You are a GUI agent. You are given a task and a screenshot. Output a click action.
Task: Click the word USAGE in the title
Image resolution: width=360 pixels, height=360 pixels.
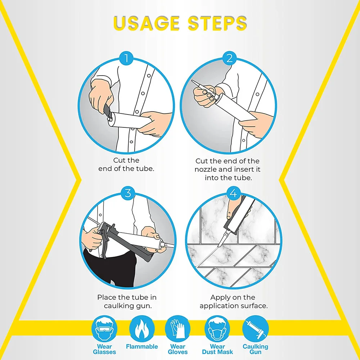tap(147, 23)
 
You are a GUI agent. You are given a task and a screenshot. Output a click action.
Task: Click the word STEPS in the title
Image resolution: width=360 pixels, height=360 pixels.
tap(217, 23)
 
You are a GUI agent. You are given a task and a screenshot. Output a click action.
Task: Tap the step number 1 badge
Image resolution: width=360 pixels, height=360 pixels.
tap(126, 58)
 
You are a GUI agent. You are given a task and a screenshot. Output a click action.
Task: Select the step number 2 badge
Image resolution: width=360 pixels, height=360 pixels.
tap(229, 58)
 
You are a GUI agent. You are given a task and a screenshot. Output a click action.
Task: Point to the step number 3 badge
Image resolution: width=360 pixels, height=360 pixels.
tap(128, 193)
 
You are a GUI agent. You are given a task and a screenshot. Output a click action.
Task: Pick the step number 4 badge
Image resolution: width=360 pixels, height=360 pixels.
tap(233, 193)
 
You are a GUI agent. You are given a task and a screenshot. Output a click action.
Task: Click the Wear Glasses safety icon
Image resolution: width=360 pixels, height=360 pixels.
tap(104, 328)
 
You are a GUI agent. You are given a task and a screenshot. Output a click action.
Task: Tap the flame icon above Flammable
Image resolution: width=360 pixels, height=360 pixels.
tap(141, 328)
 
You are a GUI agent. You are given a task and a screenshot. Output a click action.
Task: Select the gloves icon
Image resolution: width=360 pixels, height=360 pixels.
tap(177, 328)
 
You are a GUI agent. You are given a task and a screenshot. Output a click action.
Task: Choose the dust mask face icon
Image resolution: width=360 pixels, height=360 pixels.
tap(217, 328)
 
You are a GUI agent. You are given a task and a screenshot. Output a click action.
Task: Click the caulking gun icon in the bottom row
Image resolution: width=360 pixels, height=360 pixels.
tap(255, 328)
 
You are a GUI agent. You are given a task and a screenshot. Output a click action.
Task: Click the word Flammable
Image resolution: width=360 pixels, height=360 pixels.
tap(142, 346)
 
